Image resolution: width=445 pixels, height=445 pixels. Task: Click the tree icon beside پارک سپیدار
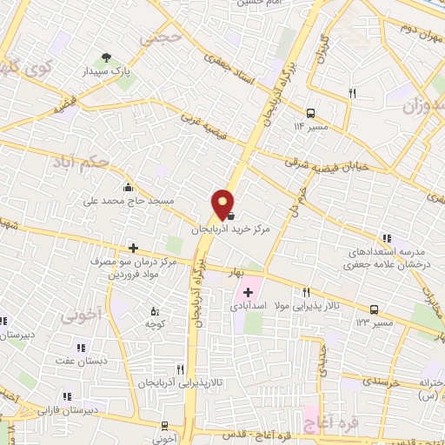point(106,58)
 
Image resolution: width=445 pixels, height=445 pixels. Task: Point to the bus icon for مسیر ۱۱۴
point(310,111)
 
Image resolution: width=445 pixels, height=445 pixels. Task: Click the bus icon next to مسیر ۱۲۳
point(375,309)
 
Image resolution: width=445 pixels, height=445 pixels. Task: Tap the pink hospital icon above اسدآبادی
point(249,292)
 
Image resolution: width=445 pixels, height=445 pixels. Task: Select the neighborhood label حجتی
point(165,39)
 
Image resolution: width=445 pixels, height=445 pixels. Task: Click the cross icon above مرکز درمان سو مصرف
point(132,249)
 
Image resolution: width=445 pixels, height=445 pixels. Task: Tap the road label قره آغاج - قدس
point(243,434)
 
